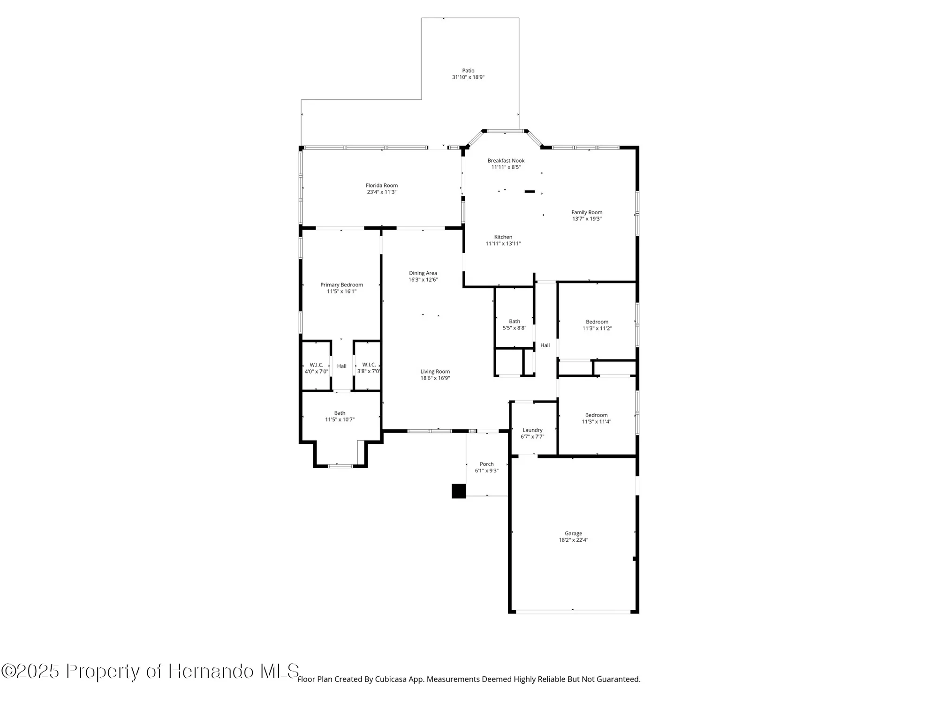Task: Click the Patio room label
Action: (468, 71)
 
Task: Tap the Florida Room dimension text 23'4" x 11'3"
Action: (381, 192)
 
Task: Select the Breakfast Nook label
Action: (506, 161)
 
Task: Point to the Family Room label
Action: (586, 212)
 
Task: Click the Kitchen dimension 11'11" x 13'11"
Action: (503, 244)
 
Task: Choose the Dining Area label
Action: (423, 273)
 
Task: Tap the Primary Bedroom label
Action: (341, 285)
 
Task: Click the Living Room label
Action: (435, 372)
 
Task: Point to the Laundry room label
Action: (532, 430)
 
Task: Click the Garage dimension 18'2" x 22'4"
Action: (573, 540)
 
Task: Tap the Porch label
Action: (486, 464)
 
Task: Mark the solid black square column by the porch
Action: (459, 491)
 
